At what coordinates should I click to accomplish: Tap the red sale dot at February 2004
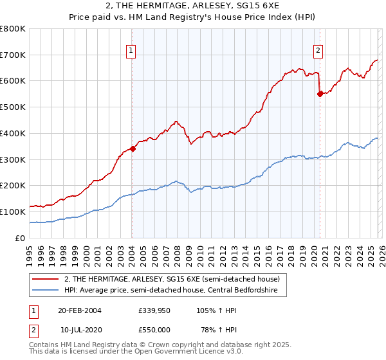coord(133,148)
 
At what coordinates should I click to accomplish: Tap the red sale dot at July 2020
coord(320,93)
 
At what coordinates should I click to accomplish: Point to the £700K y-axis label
coord(13,55)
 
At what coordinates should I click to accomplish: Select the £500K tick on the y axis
coord(13,107)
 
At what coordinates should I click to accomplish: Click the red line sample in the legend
coord(46,280)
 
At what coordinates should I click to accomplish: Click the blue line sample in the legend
coord(46,291)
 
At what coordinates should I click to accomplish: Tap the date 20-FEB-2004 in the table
coord(80,310)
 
